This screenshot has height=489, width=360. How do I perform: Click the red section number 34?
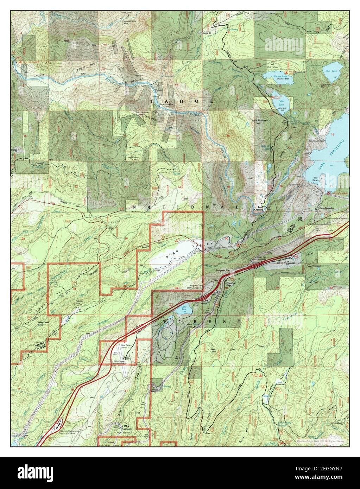click(x=74, y=288)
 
